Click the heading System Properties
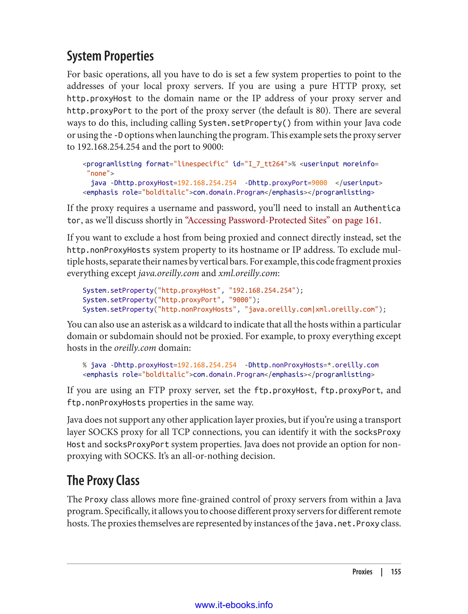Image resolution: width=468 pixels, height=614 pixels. pos(110,56)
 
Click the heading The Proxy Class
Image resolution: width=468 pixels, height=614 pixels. pos(103,480)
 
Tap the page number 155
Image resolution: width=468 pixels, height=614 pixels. pos(396,572)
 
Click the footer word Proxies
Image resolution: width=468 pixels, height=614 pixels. pos(362,572)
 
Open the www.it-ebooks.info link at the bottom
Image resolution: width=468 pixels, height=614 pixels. pos(234,605)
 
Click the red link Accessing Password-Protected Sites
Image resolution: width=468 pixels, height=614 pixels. pos(256,220)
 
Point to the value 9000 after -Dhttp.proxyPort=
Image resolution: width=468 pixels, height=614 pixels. pos(319,183)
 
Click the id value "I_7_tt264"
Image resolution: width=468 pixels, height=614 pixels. pos(266,164)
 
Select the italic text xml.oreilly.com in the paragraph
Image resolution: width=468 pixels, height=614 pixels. pos(248,273)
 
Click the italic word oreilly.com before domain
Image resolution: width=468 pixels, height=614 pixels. pos(135,348)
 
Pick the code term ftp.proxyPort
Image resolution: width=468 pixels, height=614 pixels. pos(350,390)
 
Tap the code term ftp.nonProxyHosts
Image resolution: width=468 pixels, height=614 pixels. pos(106,403)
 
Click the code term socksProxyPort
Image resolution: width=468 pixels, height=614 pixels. pos(136,445)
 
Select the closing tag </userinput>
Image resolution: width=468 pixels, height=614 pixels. pos(359,183)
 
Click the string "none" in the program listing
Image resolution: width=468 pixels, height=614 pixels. pos(98,173)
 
